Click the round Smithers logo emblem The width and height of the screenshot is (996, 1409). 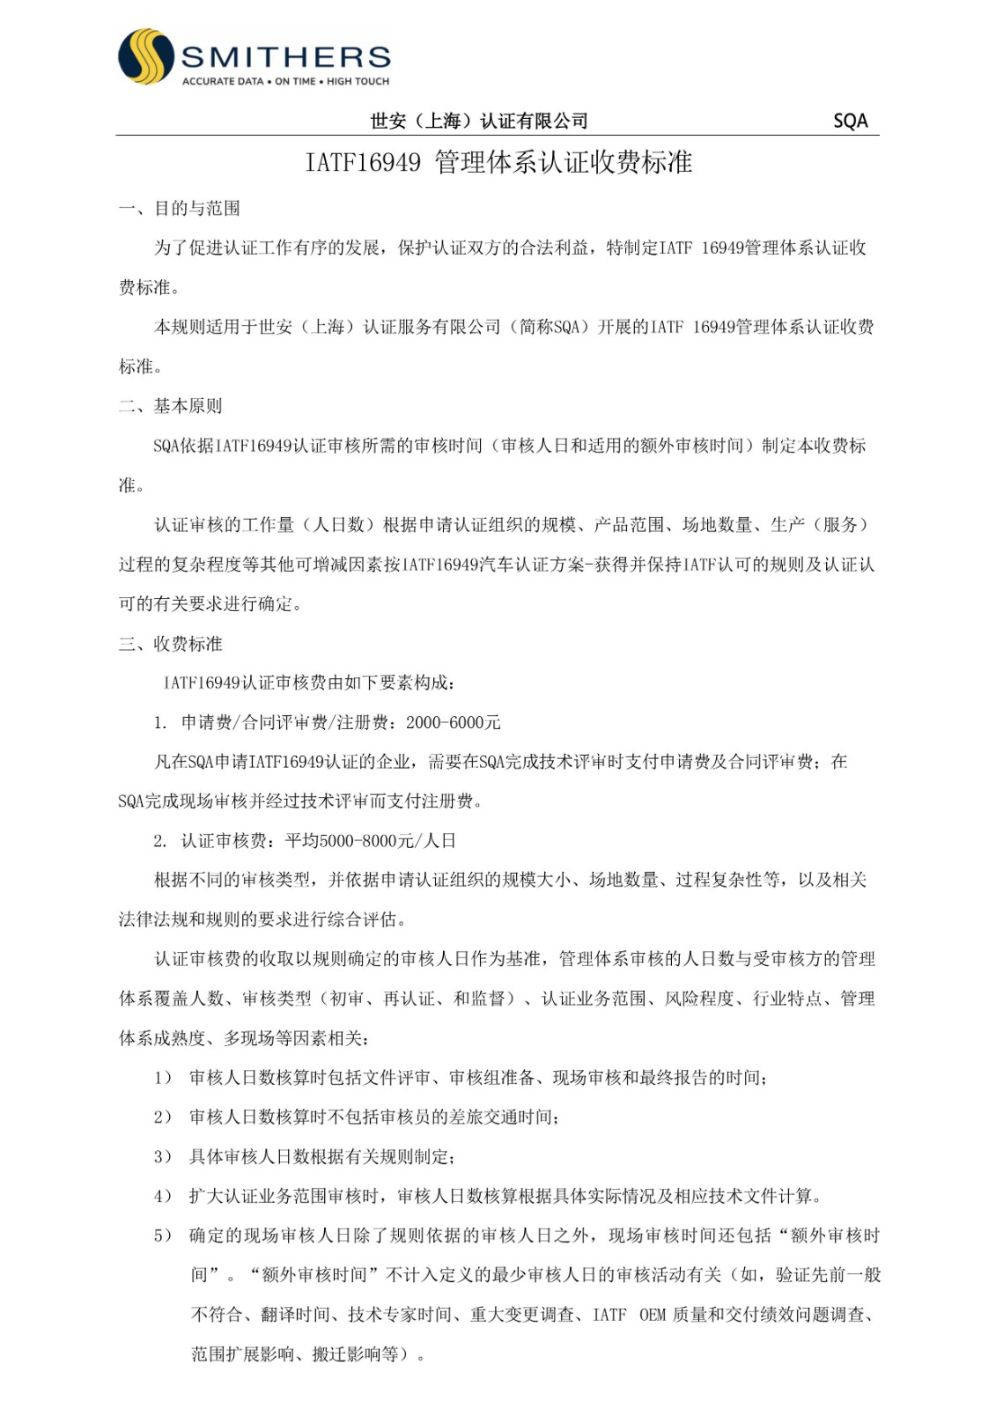point(146,57)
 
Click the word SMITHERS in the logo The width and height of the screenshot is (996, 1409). point(285,57)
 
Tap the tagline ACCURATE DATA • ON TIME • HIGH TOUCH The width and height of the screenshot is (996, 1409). point(285,81)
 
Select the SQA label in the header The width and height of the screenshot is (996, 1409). point(850,121)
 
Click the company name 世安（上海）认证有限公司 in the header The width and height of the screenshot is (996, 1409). point(478,121)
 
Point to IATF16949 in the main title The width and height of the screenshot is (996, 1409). point(363,162)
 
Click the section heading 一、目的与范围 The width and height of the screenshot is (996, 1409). point(180,209)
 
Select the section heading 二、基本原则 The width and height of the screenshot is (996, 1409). point(171,406)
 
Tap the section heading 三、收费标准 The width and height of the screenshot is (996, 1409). point(171,644)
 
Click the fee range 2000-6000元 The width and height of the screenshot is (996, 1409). point(453,723)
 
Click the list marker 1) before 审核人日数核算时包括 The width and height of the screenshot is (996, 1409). point(163,1078)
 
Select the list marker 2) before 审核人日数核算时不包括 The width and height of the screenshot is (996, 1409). point(163,1118)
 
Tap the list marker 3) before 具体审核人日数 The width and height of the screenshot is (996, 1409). point(163,1157)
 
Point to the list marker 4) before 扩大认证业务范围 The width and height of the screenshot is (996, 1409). point(163,1197)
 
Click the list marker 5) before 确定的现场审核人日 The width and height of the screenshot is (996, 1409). point(163,1236)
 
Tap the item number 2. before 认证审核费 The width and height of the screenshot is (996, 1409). point(160,841)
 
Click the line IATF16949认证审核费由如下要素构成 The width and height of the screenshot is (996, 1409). point(308,683)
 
